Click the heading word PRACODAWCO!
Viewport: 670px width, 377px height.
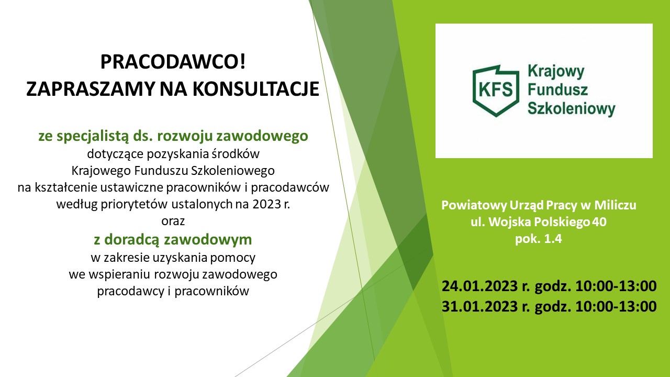coord(173,62)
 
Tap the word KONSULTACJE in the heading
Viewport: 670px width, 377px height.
coord(256,89)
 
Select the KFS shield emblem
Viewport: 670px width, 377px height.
coord(496,91)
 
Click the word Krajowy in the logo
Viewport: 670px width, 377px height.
coord(556,72)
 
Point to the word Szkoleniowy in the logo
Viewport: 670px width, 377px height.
coord(571,108)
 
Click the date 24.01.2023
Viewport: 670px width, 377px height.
coord(479,286)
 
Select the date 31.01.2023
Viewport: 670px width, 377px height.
coord(479,306)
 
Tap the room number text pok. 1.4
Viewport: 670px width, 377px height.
coord(539,239)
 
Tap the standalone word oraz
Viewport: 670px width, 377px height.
coord(173,221)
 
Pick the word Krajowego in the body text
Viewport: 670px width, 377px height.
coord(101,171)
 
